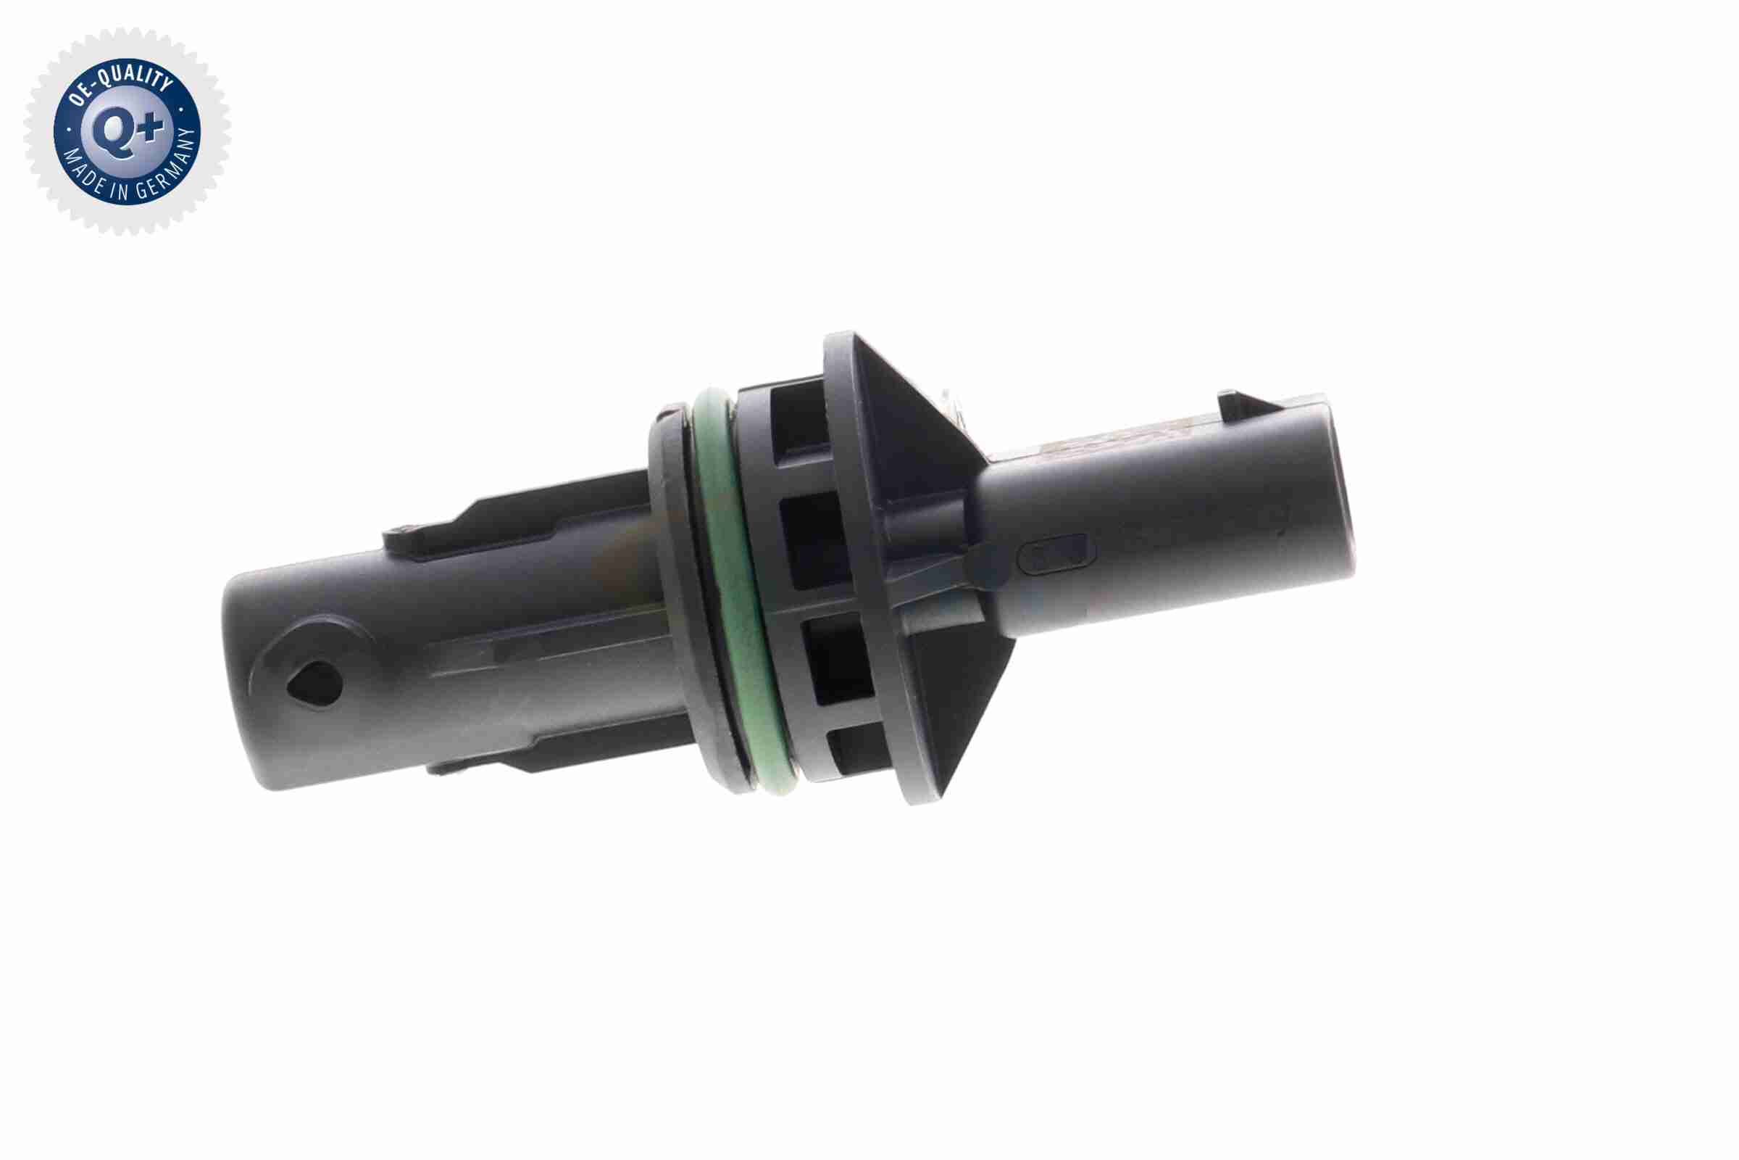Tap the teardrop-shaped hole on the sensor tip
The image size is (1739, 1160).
314,681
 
